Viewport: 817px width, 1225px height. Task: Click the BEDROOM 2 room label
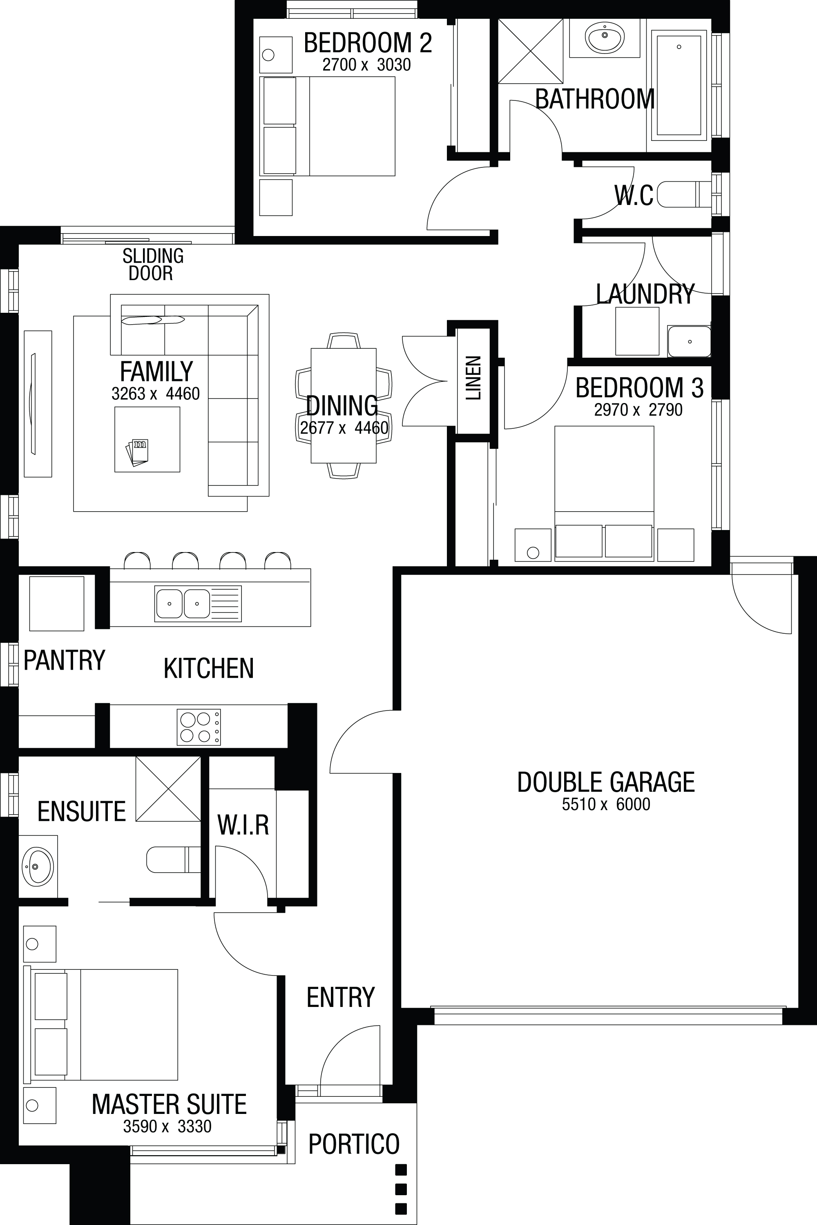point(368,43)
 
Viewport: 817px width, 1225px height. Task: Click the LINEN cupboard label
point(473,378)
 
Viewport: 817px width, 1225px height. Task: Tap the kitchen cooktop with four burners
point(199,726)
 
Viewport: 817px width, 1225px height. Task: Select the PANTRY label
point(64,660)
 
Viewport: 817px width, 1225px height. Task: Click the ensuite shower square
point(168,789)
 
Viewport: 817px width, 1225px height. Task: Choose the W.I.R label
point(243,825)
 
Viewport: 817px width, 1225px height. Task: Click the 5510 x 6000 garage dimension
point(606,804)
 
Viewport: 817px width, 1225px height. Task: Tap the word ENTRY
point(341,998)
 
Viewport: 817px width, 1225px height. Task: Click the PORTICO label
point(354,1144)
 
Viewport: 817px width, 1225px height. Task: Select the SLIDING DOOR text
point(152,264)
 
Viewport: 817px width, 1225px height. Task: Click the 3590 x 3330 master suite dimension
point(167,1127)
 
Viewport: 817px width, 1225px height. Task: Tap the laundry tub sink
point(690,341)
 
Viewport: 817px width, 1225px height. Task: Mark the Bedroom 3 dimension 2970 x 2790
point(638,410)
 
